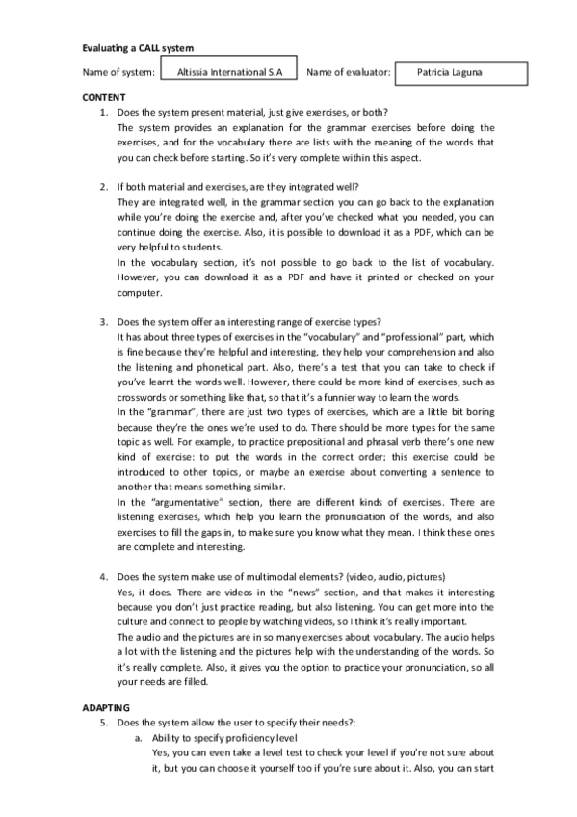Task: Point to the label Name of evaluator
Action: click(x=348, y=72)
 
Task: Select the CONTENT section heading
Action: click(x=103, y=99)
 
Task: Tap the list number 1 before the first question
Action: click(x=104, y=113)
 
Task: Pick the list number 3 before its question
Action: click(x=104, y=321)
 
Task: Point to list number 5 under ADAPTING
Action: click(x=104, y=721)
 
